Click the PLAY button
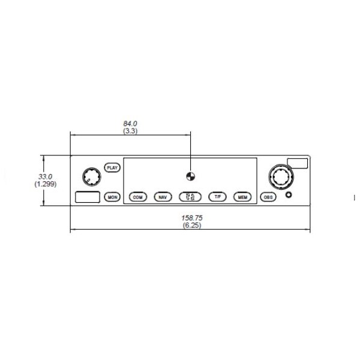(112, 167)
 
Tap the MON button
(112, 197)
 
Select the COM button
(138, 197)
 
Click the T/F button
(217, 197)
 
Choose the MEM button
(242, 197)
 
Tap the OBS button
(268, 197)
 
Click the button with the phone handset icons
(190, 197)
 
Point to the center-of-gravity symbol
(191, 176)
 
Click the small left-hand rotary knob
(92, 176)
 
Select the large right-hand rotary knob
(281, 177)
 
